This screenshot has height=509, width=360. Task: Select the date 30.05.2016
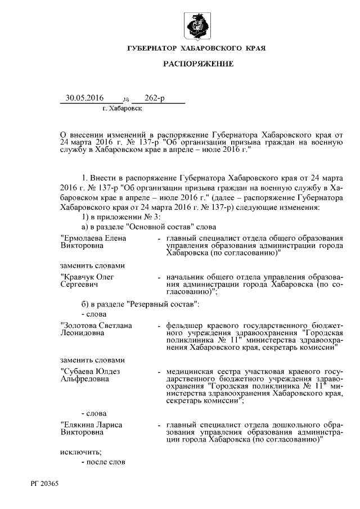pyautogui.click(x=85, y=98)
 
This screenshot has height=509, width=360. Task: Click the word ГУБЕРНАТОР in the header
pyautogui.click(x=153, y=48)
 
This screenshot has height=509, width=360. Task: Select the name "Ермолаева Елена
pyautogui.click(x=93, y=238)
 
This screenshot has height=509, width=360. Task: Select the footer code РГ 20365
pyautogui.click(x=45, y=484)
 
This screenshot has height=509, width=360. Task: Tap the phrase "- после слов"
pyautogui.click(x=103, y=462)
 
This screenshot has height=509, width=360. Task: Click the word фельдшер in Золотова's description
pyautogui.click(x=182, y=326)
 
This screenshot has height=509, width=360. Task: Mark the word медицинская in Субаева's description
pyautogui.click(x=188, y=372)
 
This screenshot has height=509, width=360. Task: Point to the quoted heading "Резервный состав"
pyautogui.click(x=165, y=304)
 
